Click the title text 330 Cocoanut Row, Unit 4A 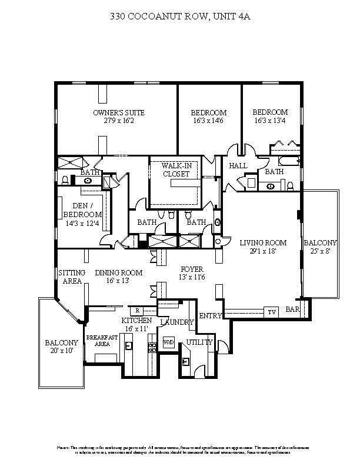(x=180, y=18)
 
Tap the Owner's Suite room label (x=119, y=112)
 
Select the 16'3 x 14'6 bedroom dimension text (x=208, y=121)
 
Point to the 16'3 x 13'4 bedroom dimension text (x=270, y=120)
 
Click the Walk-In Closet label (x=176, y=170)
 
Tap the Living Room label (x=263, y=242)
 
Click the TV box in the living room (x=272, y=312)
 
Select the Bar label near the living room (x=292, y=309)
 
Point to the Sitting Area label (x=72, y=277)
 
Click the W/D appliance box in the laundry (x=169, y=342)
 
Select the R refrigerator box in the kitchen (x=136, y=310)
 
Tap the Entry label (x=210, y=316)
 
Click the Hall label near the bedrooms (x=238, y=166)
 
